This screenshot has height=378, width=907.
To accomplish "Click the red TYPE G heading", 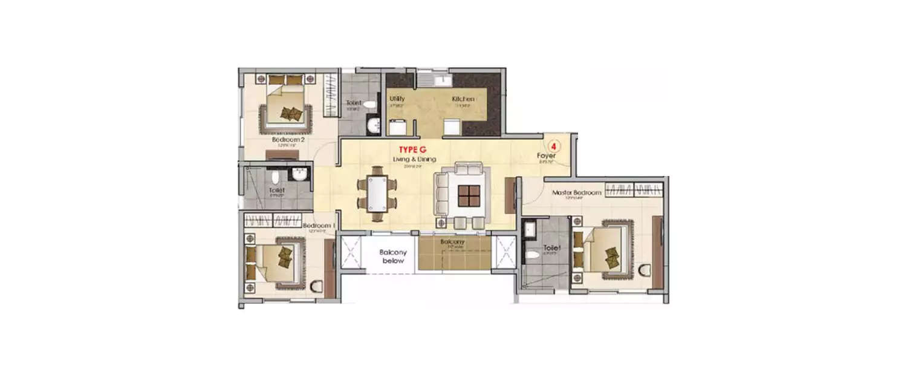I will point(412,149).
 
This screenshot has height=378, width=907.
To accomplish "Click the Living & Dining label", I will point(414,159).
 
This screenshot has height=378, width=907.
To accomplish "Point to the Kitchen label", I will point(463,99).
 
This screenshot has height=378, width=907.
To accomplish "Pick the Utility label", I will point(397,99).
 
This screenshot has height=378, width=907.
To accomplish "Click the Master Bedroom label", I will point(577,193).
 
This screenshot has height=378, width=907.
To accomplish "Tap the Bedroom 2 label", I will point(288,140).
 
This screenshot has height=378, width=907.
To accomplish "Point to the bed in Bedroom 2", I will point(286,109).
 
